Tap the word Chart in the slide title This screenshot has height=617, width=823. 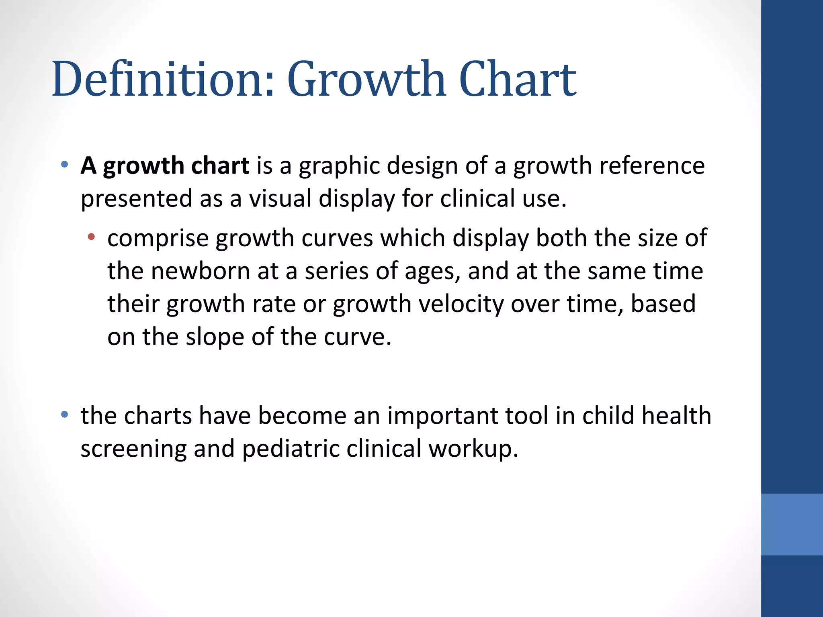517,79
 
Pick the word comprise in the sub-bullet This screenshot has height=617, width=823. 158,239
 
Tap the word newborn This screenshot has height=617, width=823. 201,271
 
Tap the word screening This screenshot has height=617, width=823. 133,449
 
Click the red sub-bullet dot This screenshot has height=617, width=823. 91,237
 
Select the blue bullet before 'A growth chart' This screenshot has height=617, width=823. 64,164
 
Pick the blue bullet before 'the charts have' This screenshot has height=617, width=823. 64,414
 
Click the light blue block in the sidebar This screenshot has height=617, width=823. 792,524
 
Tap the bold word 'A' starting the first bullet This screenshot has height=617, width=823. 88,165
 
